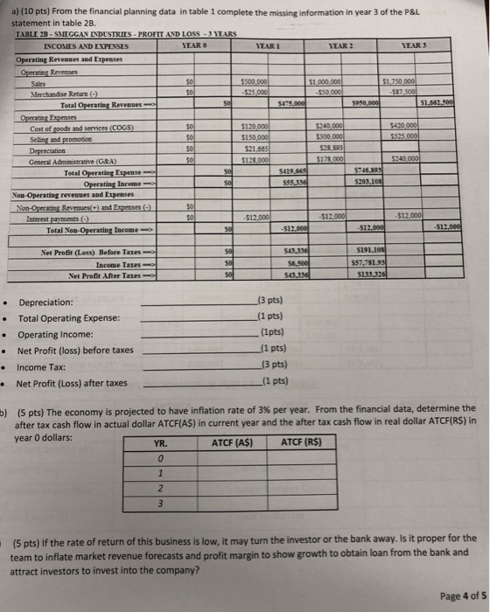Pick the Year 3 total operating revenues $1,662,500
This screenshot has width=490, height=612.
coord(465,102)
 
